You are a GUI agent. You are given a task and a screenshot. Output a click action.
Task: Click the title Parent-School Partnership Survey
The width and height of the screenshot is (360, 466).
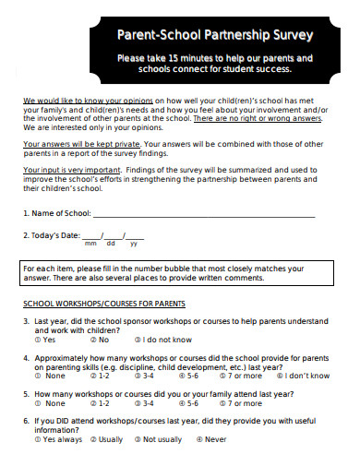(x=213, y=35)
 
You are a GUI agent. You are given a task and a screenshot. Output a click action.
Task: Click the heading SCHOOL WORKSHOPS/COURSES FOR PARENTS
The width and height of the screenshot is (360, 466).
(x=103, y=304)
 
